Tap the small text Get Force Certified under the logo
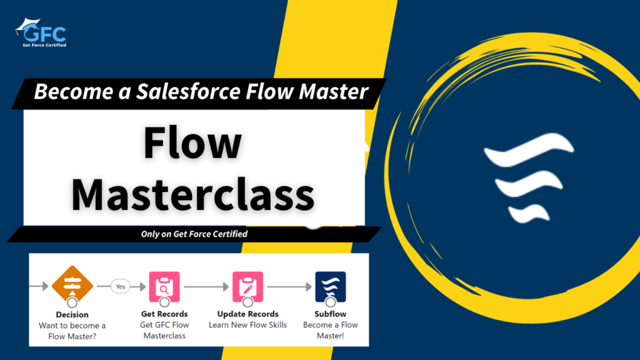pyautogui.click(x=44, y=45)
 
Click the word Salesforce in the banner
pyautogui.click(x=188, y=91)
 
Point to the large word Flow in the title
pyautogui.click(x=192, y=142)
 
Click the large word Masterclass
pyautogui.click(x=192, y=195)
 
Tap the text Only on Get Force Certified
pyautogui.click(x=194, y=234)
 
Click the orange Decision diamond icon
pyautogui.click(x=72, y=284)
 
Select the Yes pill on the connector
pyautogui.click(x=121, y=286)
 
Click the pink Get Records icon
pyautogui.click(x=164, y=286)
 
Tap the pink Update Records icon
pyautogui.click(x=247, y=286)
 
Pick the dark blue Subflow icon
pyautogui.click(x=331, y=286)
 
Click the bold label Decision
pyautogui.click(x=72, y=315)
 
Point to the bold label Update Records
pyautogui.click(x=247, y=314)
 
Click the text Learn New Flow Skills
pyautogui.click(x=247, y=325)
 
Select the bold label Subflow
pyautogui.click(x=331, y=314)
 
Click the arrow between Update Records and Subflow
pyautogui.click(x=289, y=287)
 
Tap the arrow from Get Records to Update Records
pyautogui.click(x=206, y=287)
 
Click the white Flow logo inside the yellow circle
pyautogui.click(x=529, y=178)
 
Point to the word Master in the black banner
pyautogui.click(x=334, y=91)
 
